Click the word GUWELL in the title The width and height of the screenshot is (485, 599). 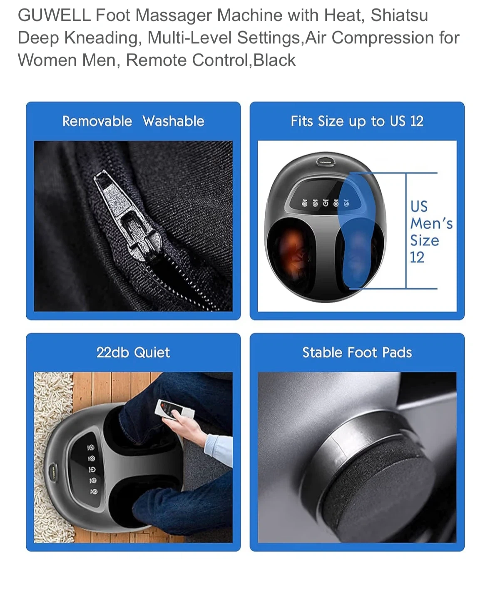coord(54,15)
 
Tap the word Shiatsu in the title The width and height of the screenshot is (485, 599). coord(399,15)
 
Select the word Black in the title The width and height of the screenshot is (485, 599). coord(274,60)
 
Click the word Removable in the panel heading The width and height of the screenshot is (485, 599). coord(97,121)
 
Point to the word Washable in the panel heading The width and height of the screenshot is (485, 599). coord(174,121)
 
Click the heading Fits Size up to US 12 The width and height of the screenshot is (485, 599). coord(357,121)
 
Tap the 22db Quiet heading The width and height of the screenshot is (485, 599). coord(133,352)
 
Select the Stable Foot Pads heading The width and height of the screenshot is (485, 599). coord(357,352)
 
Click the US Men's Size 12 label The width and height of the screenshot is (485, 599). coord(431,232)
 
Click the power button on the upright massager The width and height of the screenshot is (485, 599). coord(326,203)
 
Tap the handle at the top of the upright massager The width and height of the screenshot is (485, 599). coord(325,162)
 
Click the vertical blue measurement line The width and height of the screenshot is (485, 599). coord(406,230)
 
